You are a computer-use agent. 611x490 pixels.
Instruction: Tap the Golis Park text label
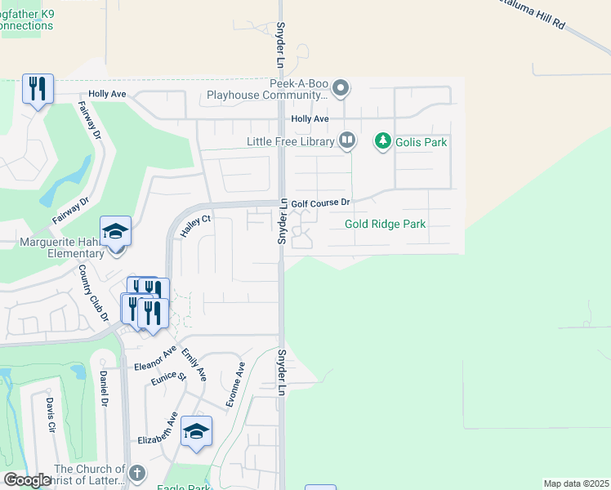[x=421, y=142]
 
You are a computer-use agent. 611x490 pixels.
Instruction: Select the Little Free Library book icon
[x=347, y=141]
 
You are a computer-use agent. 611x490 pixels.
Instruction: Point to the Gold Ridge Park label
[x=386, y=224]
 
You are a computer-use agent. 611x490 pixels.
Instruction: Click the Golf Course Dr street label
[x=321, y=202]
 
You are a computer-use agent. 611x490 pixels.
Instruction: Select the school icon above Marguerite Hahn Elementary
[x=115, y=232]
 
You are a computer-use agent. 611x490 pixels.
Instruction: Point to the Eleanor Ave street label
[x=156, y=357]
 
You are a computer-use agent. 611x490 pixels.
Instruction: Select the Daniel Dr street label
[x=104, y=388]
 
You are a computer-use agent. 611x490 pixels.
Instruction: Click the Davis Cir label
[x=51, y=416]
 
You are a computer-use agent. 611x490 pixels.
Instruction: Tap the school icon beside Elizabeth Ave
[x=196, y=432]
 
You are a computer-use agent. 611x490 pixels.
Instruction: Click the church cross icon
[x=137, y=473]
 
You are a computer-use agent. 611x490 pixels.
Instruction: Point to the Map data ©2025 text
[x=575, y=483]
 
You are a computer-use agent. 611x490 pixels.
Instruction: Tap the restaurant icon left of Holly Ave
[x=38, y=88]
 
